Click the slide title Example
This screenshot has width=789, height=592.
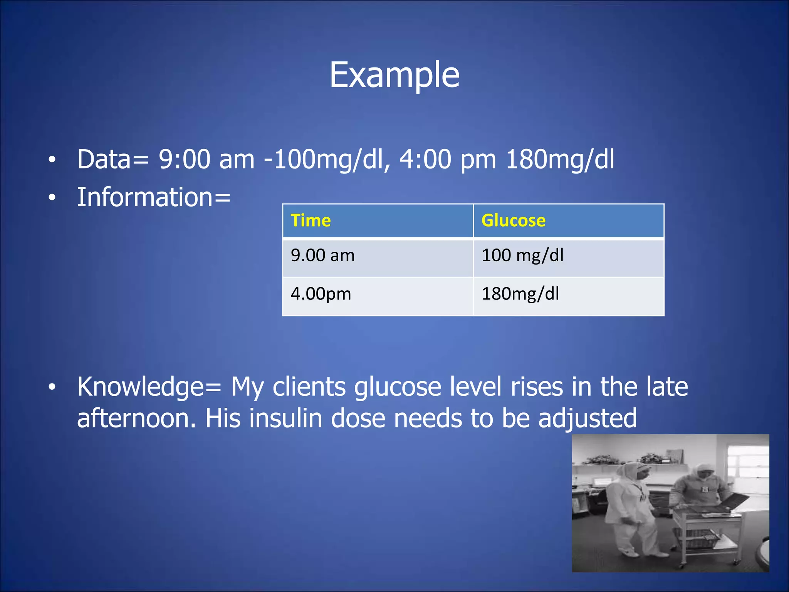click(394, 75)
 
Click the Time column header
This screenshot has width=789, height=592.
click(311, 221)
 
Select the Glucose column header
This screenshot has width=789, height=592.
click(513, 221)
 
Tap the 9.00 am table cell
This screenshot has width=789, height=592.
click(322, 256)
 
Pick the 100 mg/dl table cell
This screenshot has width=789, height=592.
click(522, 256)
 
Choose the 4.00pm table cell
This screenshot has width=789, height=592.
click(321, 294)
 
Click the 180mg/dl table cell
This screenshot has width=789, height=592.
click(520, 294)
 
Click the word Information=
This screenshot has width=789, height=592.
click(154, 197)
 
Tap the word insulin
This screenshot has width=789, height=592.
click(285, 419)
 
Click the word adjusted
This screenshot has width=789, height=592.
click(587, 419)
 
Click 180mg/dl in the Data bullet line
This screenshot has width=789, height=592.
click(560, 159)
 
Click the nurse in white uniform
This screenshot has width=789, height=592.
click(632, 509)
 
